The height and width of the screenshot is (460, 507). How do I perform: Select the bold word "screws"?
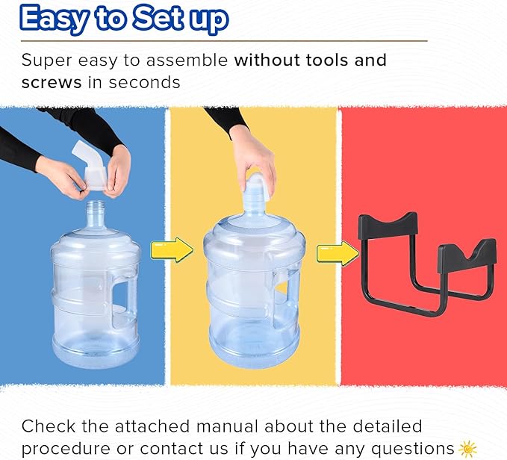tap(52, 83)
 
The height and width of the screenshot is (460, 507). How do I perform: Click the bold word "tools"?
tap(324, 60)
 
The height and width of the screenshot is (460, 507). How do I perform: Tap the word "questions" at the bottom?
tap(413, 450)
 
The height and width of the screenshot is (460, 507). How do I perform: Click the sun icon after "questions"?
tap(467, 449)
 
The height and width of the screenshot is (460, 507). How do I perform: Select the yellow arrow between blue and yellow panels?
tap(172, 249)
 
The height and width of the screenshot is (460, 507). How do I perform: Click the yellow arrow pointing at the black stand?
tap(338, 253)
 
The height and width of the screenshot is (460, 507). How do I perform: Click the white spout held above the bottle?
tap(91, 165)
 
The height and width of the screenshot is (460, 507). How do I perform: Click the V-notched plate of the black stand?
tap(467, 255)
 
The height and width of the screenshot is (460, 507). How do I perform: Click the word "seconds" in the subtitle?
tap(144, 83)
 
